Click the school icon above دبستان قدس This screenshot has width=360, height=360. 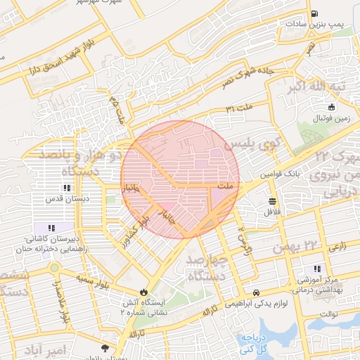point(67,188)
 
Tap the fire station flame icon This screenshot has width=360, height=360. point(143,292)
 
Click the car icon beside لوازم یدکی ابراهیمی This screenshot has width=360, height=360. point(256,292)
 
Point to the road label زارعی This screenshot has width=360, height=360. point(337,246)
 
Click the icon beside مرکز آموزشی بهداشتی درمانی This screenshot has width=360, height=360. point(316,268)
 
